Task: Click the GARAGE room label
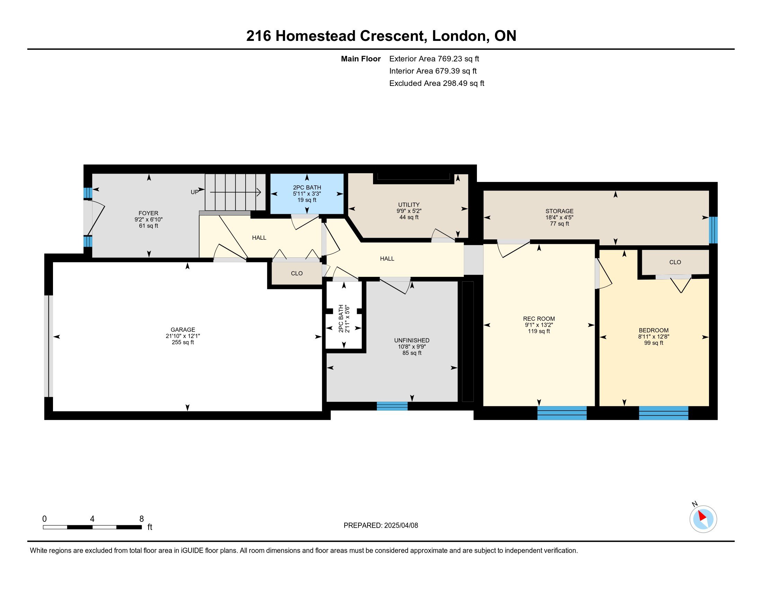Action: (x=183, y=329)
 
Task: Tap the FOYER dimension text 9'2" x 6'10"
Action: (x=149, y=219)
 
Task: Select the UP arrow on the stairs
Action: (x=235, y=192)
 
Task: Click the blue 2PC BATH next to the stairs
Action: (x=307, y=194)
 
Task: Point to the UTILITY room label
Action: (x=409, y=204)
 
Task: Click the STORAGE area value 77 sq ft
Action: (x=560, y=224)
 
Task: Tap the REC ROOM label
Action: (x=539, y=318)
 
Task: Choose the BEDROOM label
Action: (x=654, y=330)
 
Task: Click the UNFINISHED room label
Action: (x=412, y=340)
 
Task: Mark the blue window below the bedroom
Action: (x=663, y=413)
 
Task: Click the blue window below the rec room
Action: (x=562, y=413)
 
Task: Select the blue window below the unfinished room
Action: (x=392, y=406)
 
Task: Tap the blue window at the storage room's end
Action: (x=714, y=230)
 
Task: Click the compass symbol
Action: (x=703, y=519)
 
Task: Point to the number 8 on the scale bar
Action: (x=141, y=519)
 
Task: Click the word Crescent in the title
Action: (x=393, y=36)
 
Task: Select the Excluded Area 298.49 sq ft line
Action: (x=437, y=83)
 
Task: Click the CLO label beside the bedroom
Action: (x=675, y=262)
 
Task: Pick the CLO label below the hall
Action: (x=297, y=273)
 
